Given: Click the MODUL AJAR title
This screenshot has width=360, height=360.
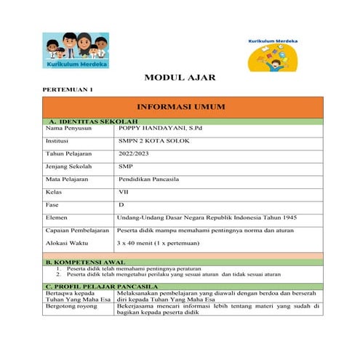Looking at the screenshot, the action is pos(180,77).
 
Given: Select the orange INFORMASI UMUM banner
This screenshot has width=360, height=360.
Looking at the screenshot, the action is pos(181,107).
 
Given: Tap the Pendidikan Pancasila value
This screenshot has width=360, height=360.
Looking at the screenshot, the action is pos(150,179).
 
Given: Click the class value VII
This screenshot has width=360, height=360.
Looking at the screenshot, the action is pos(124,192).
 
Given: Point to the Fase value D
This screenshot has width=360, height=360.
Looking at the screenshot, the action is pos(121,205).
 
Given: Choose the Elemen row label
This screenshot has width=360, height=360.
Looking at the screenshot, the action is pos(57,217).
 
